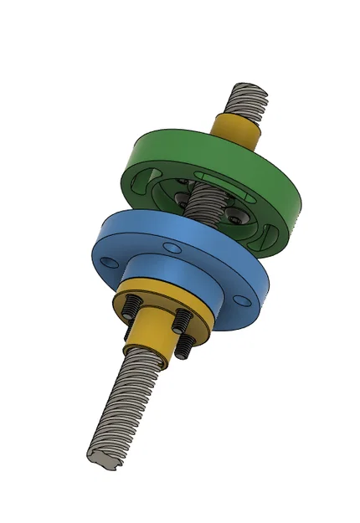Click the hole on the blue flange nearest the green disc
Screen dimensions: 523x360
[171, 248]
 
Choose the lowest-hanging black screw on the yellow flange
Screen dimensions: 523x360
[180, 349]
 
